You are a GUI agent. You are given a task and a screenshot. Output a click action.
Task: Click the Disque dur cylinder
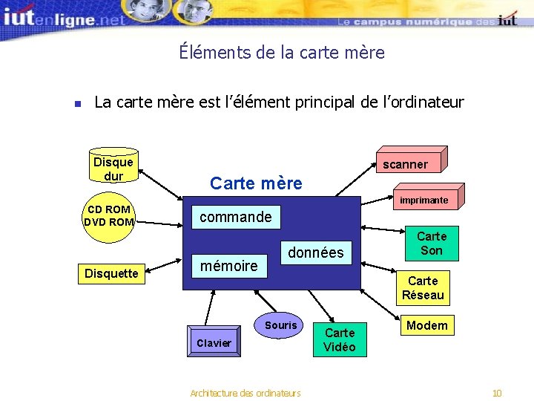click(x=113, y=168)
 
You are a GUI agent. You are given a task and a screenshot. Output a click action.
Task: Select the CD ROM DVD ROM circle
click(x=108, y=215)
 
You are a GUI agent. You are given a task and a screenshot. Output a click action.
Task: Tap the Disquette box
click(x=111, y=273)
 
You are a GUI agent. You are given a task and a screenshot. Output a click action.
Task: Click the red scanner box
click(x=405, y=163)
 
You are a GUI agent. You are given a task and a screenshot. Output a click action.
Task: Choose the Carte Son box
click(x=432, y=244)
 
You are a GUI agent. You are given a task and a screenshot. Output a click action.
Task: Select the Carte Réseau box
click(x=423, y=287)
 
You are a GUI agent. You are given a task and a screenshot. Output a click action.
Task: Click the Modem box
click(x=426, y=325)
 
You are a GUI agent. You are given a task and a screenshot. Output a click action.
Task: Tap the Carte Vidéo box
click(x=340, y=339)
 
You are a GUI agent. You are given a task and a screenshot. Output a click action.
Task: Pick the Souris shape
click(x=280, y=325)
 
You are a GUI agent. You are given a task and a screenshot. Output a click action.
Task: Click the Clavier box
click(x=214, y=343)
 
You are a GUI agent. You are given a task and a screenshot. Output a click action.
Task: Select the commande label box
click(x=236, y=217)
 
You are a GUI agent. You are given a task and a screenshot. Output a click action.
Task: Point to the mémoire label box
click(x=229, y=265)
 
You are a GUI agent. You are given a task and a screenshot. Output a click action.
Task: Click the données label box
click(x=316, y=252)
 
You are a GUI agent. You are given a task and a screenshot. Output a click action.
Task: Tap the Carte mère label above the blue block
click(x=257, y=183)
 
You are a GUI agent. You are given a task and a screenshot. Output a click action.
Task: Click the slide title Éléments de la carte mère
click(x=282, y=53)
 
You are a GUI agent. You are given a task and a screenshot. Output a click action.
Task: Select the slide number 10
click(x=497, y=393)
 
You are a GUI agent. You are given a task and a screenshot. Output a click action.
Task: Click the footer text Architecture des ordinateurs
click(x=245, y=393)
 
